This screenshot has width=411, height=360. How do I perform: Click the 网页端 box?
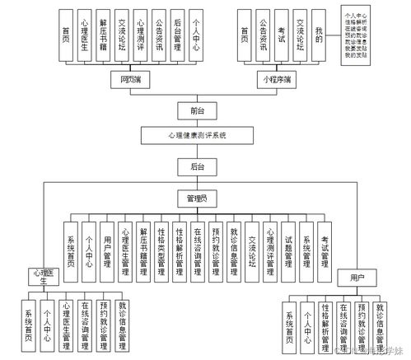130,81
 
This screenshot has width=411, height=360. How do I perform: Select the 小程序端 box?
275,81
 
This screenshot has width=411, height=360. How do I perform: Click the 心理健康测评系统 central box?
196,134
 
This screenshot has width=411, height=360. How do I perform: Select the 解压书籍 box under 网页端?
103,35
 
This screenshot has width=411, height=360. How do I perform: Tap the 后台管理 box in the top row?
178,35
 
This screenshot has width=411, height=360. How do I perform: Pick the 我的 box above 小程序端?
319,35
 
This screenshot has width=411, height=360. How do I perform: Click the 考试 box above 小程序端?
281,35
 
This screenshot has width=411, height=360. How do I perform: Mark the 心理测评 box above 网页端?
141,35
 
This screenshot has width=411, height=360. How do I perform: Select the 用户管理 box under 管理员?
108,245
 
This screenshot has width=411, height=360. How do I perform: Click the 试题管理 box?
288,245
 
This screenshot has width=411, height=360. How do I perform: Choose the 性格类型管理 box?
162,245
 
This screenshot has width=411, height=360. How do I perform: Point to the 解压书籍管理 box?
144,245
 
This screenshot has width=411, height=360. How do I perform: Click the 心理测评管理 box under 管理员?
270,245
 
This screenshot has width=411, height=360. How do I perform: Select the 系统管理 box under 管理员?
306,245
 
